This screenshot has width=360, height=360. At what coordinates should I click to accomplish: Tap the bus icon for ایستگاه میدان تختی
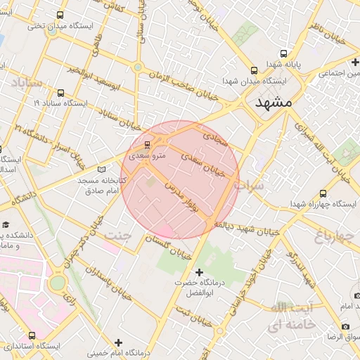(x=59, y=15)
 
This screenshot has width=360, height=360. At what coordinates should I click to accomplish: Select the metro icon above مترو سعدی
(x=146, y=144)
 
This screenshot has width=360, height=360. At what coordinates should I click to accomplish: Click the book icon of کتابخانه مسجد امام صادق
(x=102, y=169)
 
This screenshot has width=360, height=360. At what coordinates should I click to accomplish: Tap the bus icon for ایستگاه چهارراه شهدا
(x=322, y=193)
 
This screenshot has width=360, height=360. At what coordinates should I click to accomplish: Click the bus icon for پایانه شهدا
(x=283, y=53)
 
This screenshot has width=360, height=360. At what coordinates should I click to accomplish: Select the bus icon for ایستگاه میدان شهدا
(x=254, y=70)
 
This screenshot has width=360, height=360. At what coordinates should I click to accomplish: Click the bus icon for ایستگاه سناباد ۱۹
(x=60, y=92)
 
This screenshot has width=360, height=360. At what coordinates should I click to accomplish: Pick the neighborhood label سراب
(x=249, y=186)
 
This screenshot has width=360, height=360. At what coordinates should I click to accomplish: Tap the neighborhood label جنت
(x=117, y=236)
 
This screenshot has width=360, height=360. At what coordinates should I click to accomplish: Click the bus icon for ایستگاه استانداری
(x=32, y=335)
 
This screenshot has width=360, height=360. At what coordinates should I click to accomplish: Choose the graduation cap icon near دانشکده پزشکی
(x=6, y=224)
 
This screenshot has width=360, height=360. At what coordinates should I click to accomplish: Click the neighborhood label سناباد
(x=25, y=83)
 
